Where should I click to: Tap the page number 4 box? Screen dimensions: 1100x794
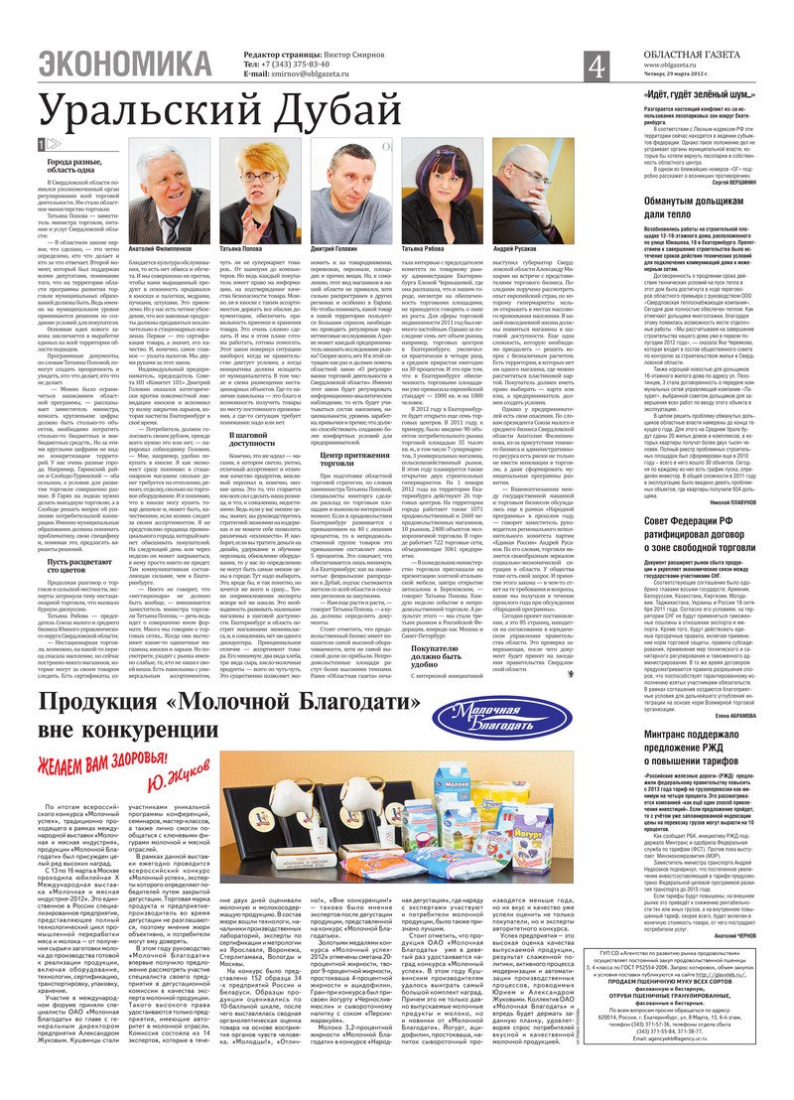[595, 67]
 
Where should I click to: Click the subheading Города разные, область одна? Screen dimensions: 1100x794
[72, 166]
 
